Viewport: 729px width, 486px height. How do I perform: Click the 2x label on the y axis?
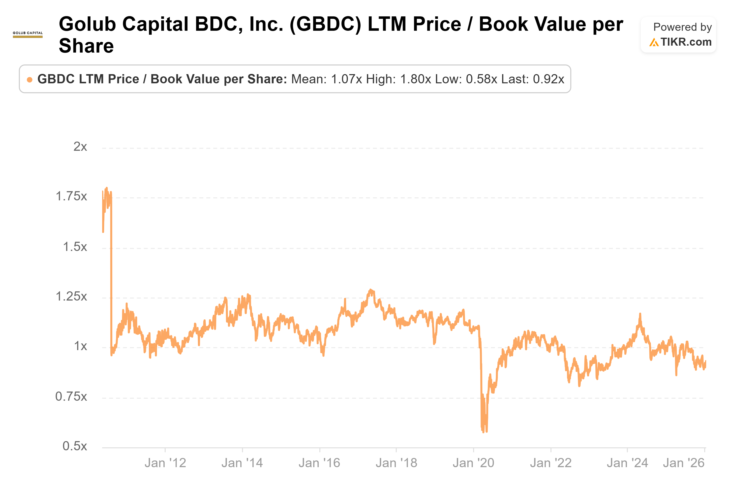tap(80, 147)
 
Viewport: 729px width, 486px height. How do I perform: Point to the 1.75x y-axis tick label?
tap(71, 196)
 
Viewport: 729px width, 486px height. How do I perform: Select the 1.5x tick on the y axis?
tap(75, 247)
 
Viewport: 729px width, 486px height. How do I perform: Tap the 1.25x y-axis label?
tap(71, 297)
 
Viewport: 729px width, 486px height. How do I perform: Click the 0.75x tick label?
tap(71, 396)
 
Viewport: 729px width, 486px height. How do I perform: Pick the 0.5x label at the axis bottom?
tap(75, 446)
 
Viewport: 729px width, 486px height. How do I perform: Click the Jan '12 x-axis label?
tap(165, 463)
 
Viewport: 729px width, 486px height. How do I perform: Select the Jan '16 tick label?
tap(319, 463)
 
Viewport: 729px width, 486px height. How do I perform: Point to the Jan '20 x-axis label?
tap(473, 463)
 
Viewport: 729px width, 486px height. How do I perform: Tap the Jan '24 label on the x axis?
tap(627, 463)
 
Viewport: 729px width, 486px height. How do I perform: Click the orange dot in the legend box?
tap(30, 80)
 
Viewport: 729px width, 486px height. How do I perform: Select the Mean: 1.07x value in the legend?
tap(326, 79)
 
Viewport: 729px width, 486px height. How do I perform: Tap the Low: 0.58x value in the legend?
tap(466, 79)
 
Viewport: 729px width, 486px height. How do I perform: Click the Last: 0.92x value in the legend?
tap(533, 79)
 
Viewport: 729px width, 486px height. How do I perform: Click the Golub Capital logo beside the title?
tap(28, 34)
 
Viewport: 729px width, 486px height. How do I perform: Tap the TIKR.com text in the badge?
tap(686, 42)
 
